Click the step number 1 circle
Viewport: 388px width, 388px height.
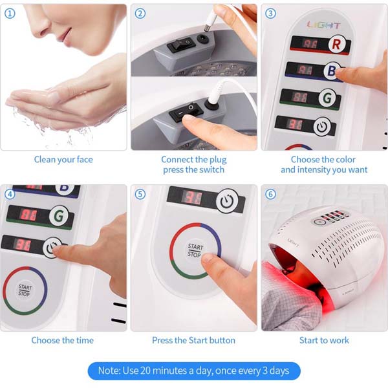(10, 13)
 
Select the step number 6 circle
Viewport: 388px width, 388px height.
(270, 193)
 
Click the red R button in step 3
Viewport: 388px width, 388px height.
(336, 45)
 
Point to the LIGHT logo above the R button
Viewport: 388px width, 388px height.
(323, 25)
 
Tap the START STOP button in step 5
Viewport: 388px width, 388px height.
(195, 250)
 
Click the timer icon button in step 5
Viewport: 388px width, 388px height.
(226, 200)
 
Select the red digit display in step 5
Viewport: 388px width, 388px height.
(191, 197)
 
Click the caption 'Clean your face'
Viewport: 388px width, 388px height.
(63, 159)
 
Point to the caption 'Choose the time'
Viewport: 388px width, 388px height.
(63, 340)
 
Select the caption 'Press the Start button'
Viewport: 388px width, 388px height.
(193, 340)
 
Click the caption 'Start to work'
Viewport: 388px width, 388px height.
(324, 340)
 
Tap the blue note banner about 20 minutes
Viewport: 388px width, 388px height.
(194, 371)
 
